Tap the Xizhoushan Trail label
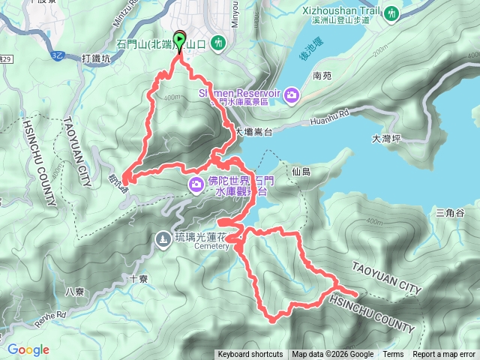point(343,12)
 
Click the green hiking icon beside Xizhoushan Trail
point(391,13)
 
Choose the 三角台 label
point(450,214)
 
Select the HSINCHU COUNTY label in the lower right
point(371,313)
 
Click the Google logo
point(28,349)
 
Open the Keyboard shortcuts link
point(250,355)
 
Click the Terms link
point(393,355)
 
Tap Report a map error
point(444,355)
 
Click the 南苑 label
point(322,76)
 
